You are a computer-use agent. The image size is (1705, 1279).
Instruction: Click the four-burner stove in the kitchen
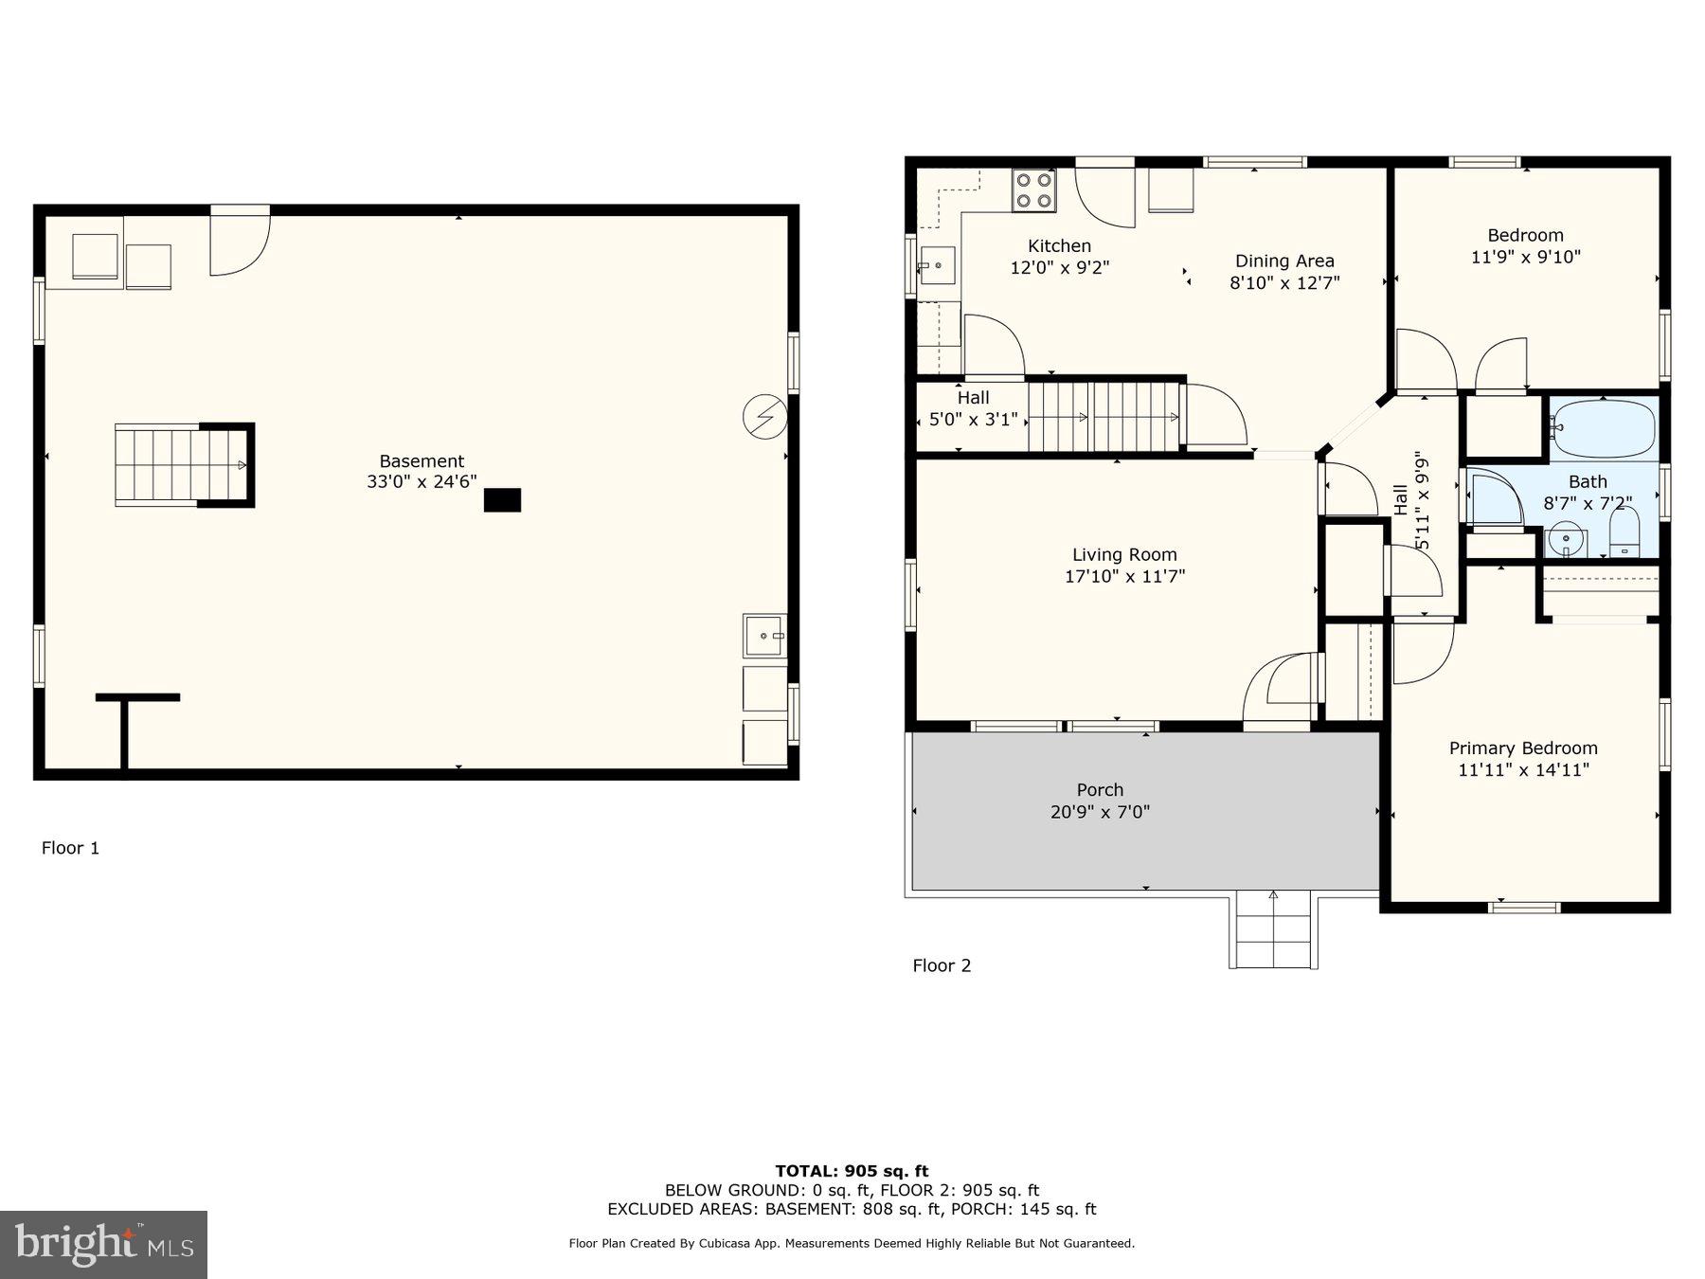(x=1033, y=190)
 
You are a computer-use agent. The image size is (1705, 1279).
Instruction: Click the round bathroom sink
(x=1567, y=540)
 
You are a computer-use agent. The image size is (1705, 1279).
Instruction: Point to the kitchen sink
(x=937, y=265)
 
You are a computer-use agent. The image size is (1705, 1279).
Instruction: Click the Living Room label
(x=1124, y=555)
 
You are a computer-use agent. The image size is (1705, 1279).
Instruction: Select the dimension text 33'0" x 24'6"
(x=422, y=482)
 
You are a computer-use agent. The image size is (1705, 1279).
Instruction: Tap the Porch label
(x=1100, y=790)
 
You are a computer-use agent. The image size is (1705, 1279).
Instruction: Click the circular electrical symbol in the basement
(x=764, y=418)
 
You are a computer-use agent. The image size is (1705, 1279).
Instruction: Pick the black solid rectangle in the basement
(x=502, y=500)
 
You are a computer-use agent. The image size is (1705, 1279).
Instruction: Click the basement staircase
(x=180, y=465)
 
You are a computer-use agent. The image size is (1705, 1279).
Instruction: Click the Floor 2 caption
(x=942, y=965)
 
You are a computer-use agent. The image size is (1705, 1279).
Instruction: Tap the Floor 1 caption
(x=70, y=848)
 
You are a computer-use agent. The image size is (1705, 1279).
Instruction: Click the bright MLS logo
(x=103, y=1245)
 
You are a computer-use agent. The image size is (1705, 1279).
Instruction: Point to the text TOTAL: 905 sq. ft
(x=852, y=1171)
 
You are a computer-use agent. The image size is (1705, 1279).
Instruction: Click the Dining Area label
(x=1284, y=261)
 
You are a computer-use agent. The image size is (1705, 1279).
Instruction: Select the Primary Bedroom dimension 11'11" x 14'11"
(x=1523, y=770)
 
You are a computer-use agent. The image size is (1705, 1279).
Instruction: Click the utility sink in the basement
(x=764, y=635)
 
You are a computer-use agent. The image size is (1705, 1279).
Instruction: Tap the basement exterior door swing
(x=239, y=244)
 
